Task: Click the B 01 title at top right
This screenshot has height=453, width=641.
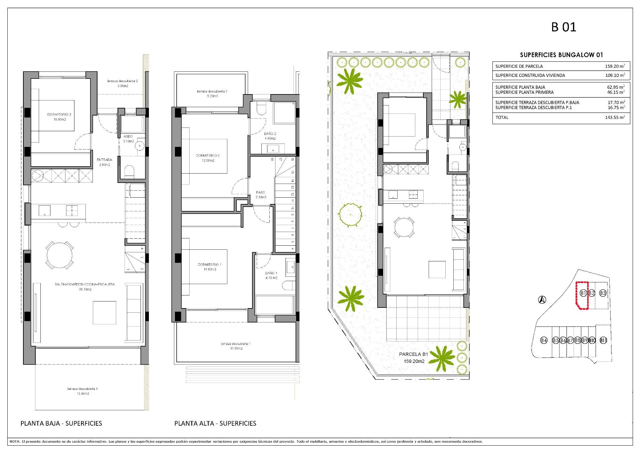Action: point(564,27)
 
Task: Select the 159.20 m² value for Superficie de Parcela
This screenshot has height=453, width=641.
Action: point(615,66)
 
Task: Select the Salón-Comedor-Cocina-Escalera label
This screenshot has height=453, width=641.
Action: point(85,284)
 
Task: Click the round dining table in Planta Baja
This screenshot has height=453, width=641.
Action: point(60,255)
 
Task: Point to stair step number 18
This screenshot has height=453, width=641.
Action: point(272,160)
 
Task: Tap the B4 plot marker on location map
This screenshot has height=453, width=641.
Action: point(544,341)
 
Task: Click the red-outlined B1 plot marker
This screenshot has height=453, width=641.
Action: point(583,293)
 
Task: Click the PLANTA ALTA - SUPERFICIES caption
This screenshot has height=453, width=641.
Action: point(215,423)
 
